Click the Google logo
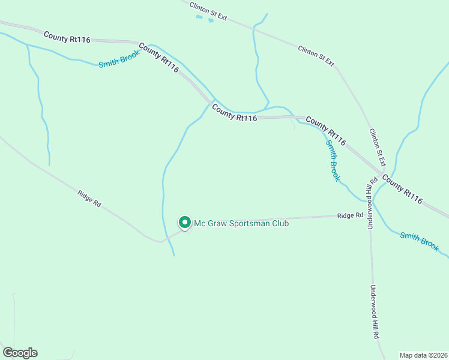pyautogui.click(x=20, y=353)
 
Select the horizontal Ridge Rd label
pyautogui.click(x=350, y=215)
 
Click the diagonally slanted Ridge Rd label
pyautogui.click(x=89, y=199)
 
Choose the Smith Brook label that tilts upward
pyautogui.click(x=119, y=58)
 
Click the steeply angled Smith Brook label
pyautogui.click(x=333, y=160)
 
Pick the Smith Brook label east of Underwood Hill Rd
pyautogui.click(x=420, y=241)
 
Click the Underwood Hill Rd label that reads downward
pyautogui.click(x=375, y=312)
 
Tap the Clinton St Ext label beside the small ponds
pyautogui.click(x=208, y=11)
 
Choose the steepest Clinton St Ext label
pyautogui.click(x=377, y=148)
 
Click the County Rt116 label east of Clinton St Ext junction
pyautogui.click(x=402, y=189)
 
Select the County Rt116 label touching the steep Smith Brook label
pyautogui.click(x=326, y=131)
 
